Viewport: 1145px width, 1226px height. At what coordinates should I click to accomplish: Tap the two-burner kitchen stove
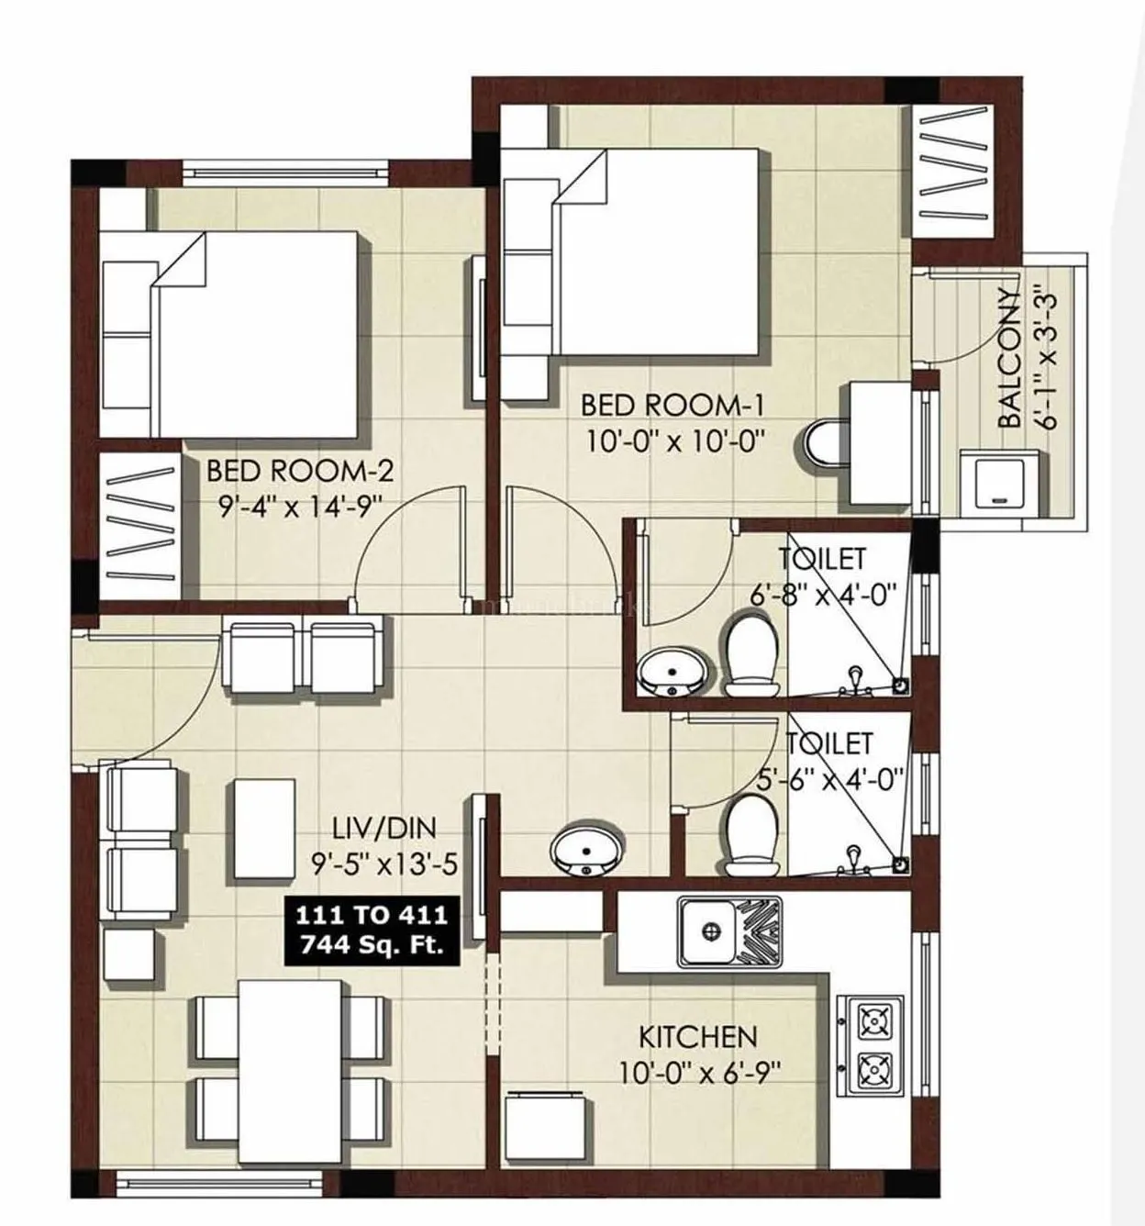pos(873,1043)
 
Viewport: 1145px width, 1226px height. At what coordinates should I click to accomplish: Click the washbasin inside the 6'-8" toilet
pos(673,673)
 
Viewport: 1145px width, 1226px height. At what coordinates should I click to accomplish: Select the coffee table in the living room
pos(264,819)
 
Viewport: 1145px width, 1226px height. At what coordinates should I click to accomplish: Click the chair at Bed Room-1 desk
pos(824,444)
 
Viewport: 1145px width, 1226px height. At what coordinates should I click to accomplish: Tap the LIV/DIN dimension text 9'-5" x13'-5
pos(384,863)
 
